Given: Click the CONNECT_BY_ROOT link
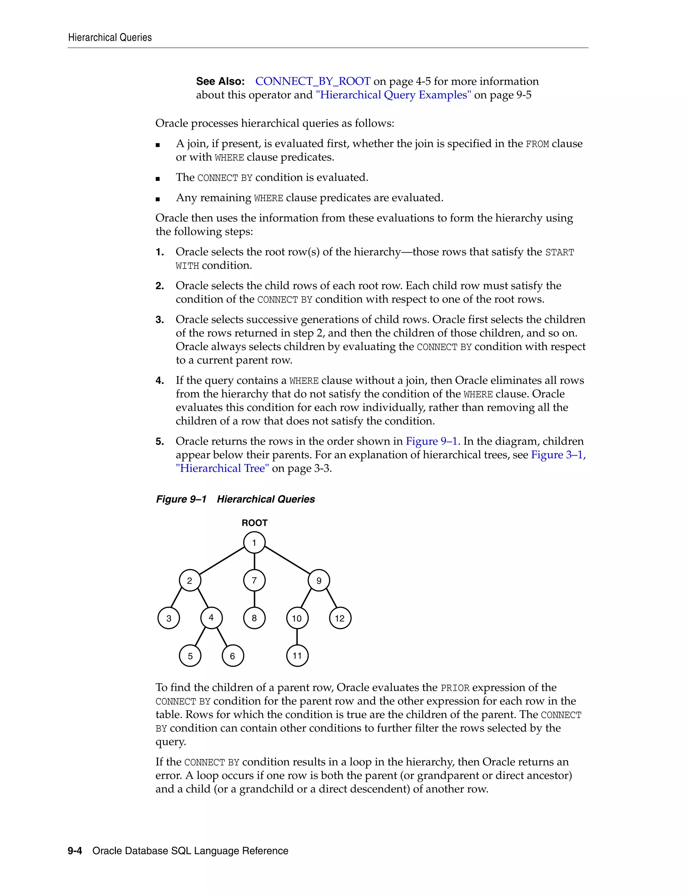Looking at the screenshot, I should (313, 81).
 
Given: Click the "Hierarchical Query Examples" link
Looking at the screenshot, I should (393, 95).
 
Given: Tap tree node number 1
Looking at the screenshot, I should (254, 543).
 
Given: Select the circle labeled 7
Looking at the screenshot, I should (254, 580).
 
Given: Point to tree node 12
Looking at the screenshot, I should (340, 618).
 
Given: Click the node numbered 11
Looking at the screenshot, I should (297, 656).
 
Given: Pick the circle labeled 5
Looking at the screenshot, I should (190, 656).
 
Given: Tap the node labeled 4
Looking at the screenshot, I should (211, 617).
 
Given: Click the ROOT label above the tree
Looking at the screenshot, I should (254, 523).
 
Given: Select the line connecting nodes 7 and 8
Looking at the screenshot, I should (254, 599).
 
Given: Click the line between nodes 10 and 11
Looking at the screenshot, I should (297, 637).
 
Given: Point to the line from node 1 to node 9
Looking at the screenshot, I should (287, 561).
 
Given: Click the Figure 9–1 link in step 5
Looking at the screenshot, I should (431, 441).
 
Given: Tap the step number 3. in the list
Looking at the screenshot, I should (160, 320).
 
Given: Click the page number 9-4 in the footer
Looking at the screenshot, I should (75, 851).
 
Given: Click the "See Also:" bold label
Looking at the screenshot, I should (220, 81).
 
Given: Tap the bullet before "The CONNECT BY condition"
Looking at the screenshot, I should (158, 179).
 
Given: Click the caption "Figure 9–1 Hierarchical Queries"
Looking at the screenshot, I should (236, 499).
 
